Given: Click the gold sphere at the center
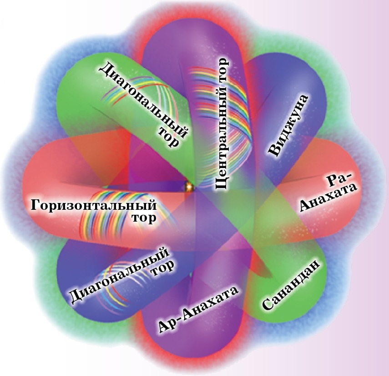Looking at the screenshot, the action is click(x=189, y=187).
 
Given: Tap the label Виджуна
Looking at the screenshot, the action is click(x=288, y=125).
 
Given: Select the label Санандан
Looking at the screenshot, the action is click(x=291, y=285).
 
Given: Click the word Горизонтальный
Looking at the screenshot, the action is click(x=94, y=205).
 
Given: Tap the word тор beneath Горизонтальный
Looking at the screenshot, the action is click(x=143, y=218).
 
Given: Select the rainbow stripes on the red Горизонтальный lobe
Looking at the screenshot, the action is click(x=129, y=211).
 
